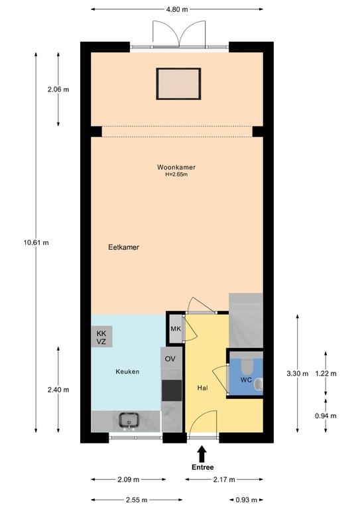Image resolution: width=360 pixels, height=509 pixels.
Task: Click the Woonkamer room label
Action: (x=176, y=168)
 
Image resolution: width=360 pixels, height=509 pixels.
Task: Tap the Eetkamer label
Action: (x=124, y=247)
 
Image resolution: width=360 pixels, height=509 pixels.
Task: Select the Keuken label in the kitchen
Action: (x=127, y=372)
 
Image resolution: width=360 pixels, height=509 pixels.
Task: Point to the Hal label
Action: (x=203, y=388)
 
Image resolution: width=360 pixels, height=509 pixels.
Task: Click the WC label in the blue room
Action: (x=246, y=380)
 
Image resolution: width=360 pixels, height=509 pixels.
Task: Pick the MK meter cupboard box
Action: (x=176, y=329)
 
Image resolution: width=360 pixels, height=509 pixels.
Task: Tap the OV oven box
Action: (x=171, y=359)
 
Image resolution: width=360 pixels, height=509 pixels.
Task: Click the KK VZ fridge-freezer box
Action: (x=101, y=337)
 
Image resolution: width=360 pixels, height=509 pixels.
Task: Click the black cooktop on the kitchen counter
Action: (x=172, y=390)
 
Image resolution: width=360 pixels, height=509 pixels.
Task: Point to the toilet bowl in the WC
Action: (x=247, y=366)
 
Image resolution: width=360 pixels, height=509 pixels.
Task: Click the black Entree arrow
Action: (x=202, y=453)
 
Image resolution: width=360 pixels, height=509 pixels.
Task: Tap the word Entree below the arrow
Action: (x=203, y=467)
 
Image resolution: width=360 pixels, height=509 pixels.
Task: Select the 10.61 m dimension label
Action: (x=36, y=243)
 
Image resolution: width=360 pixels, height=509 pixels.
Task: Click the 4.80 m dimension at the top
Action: (x=177, y=9)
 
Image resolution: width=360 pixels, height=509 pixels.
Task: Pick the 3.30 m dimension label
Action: (x=298, y=374)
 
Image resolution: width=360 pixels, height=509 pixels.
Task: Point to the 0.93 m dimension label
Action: (x=247, y=500)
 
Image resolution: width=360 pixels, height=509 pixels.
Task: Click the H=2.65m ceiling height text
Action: (x=176, y=175)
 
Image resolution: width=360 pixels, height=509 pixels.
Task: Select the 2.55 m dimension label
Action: (x=137, y=500)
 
